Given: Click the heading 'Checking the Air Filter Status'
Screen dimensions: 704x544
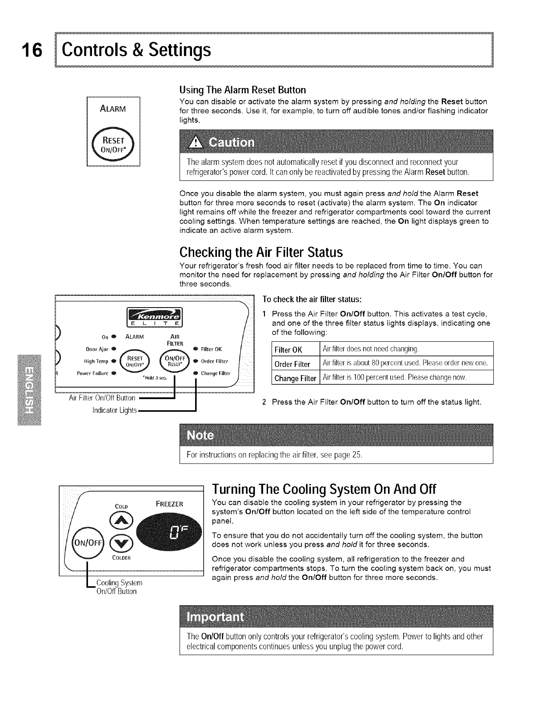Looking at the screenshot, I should (261, 252).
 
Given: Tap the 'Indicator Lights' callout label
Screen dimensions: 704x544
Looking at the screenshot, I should (114, 409).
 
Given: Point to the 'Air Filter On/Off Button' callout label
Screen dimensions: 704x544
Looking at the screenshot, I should (102, 398).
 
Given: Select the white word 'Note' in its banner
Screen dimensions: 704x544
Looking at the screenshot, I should (200, 435).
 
